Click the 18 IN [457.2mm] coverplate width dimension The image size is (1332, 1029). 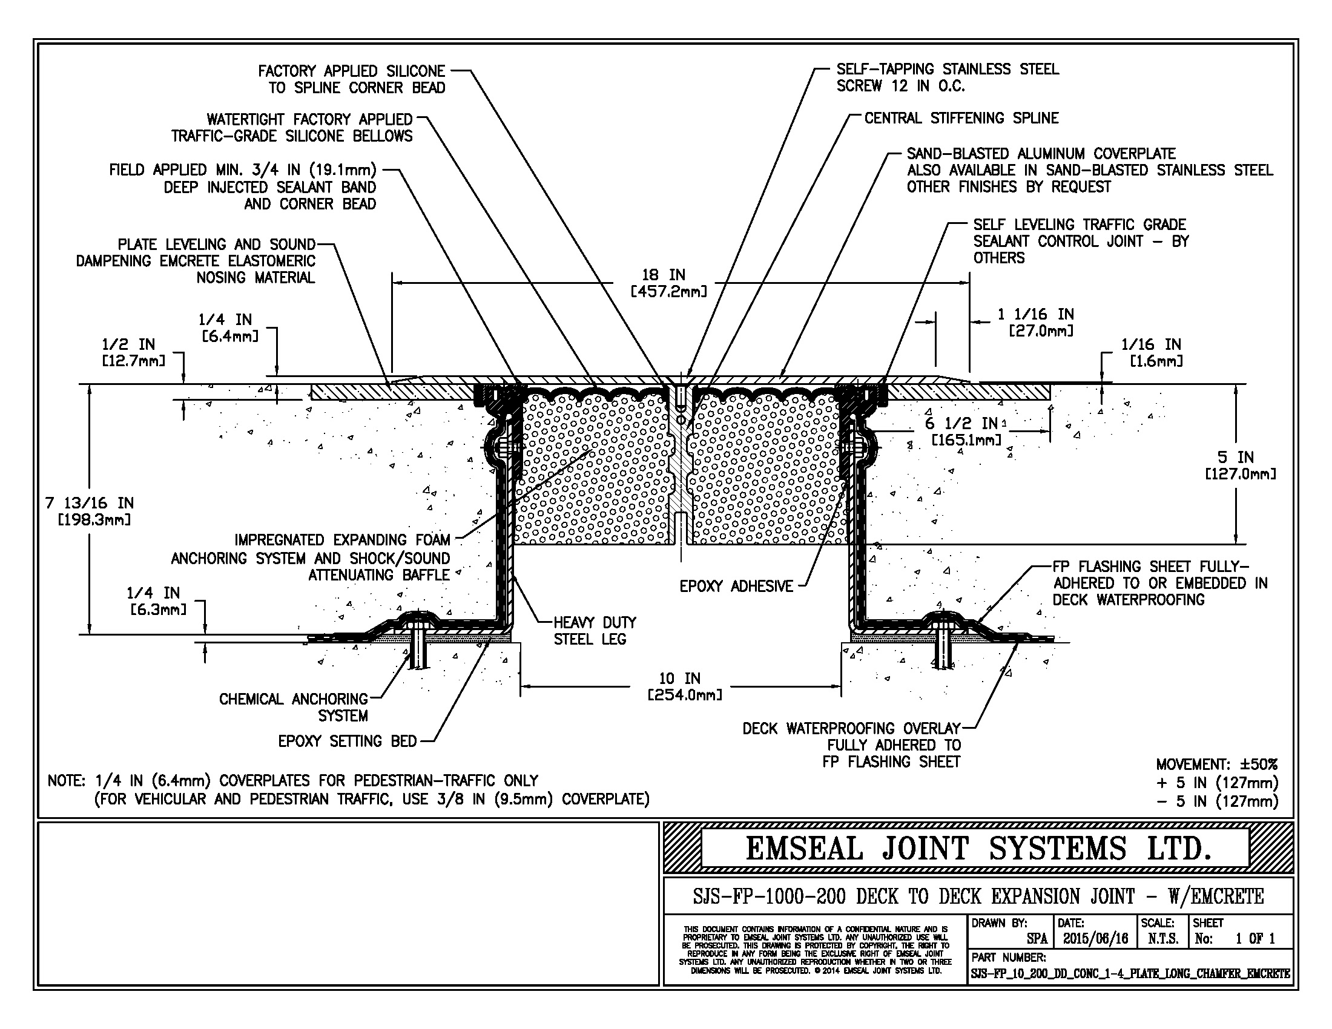coord(668,283)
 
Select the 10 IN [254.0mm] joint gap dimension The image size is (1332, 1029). coord(684,686)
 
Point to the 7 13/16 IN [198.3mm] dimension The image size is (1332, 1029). coord(89,511)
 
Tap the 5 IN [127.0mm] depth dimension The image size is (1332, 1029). coord(1240,465)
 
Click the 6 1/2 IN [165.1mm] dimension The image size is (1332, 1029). coord(966,431)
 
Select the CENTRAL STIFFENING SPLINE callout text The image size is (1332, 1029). coord(961,117)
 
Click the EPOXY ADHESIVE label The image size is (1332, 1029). coord(736,586)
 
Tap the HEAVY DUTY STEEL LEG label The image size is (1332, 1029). coord(595,630)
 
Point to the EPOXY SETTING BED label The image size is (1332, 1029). coord(347,741)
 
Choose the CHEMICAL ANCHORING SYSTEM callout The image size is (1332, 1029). coord(294,707)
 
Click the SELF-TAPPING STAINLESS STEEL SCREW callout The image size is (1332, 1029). coord(947,77)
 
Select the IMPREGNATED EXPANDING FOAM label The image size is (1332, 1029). coord(342,539)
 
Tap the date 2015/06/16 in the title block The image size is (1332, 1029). coord(1095,938)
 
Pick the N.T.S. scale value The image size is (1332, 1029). coord(1163,938)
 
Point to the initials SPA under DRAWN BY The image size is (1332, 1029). coord(1037,938)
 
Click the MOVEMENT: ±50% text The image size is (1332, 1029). coord(1217,764)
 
